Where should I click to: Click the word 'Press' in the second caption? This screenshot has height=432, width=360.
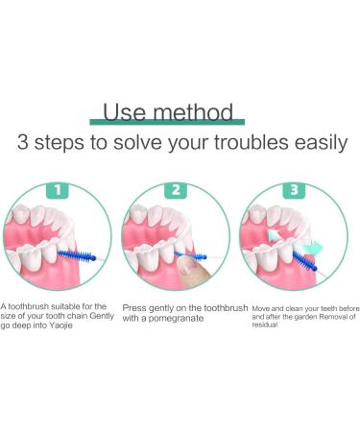135,306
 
